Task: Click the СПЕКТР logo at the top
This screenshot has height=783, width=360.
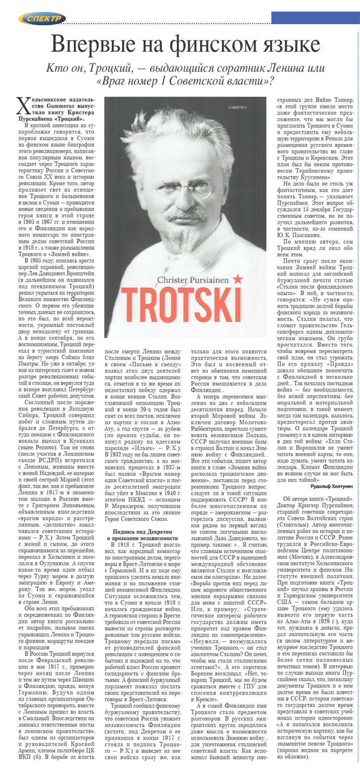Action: pos(42,18)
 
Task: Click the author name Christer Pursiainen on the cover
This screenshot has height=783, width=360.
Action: pos(193,280)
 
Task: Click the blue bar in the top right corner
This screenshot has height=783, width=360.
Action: pos(315,18)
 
